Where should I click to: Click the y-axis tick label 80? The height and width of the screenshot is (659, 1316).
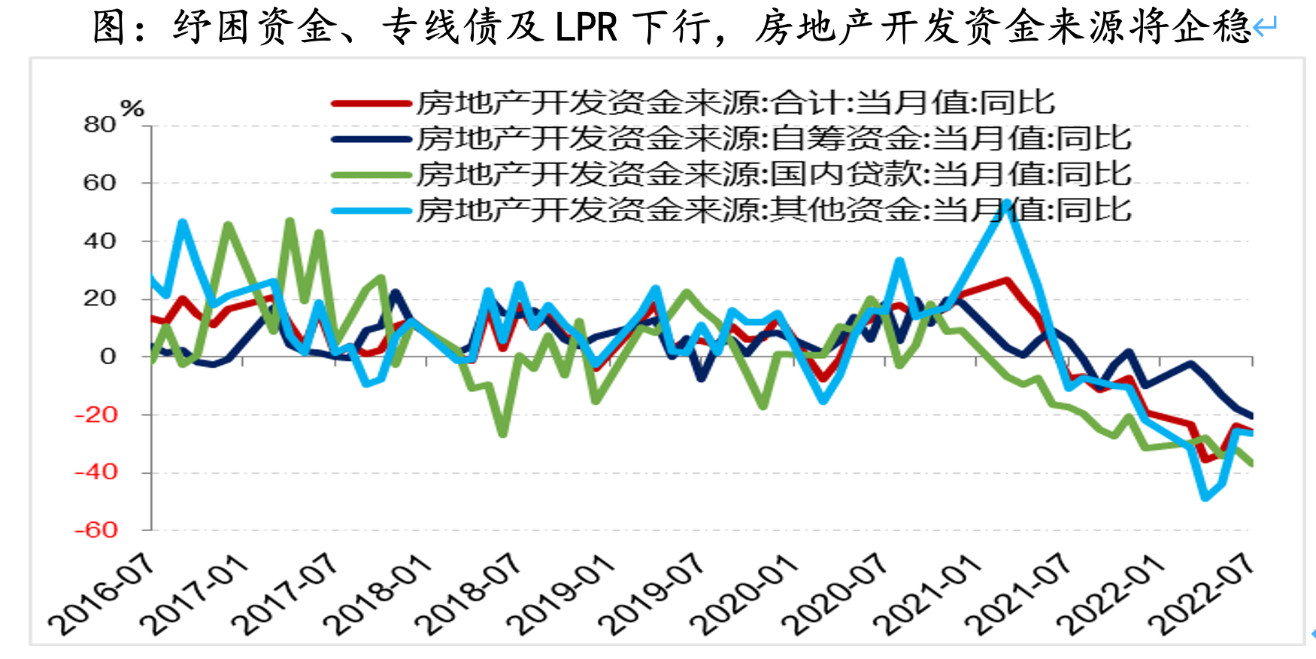coord(100,124)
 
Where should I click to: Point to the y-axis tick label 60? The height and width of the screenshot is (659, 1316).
coord(100,183)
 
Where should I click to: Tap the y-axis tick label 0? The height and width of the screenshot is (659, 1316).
coord(108,357)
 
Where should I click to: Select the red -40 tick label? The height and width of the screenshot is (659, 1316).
coord(96,472)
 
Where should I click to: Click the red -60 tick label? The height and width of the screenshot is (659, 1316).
coord(96,530)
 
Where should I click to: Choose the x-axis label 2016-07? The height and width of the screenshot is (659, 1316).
coord(102,594)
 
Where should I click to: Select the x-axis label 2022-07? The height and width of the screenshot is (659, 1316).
coord(1202,594)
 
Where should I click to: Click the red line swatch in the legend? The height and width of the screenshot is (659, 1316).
coord(371,103)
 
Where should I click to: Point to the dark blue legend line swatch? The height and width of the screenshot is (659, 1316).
coord(371,139)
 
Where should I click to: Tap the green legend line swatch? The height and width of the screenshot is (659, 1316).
coord(371,175)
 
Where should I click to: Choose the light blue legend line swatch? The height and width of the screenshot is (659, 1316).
coord(371,211)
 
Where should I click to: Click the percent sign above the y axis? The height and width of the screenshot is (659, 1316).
coord(132,108)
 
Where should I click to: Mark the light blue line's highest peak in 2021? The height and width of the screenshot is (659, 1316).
coord(1006,202)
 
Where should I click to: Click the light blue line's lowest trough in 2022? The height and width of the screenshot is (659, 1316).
coord(1205,497)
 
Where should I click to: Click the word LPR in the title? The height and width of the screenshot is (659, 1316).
coord(587,29)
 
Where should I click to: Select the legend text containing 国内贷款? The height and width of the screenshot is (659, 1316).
coord(774,175)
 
